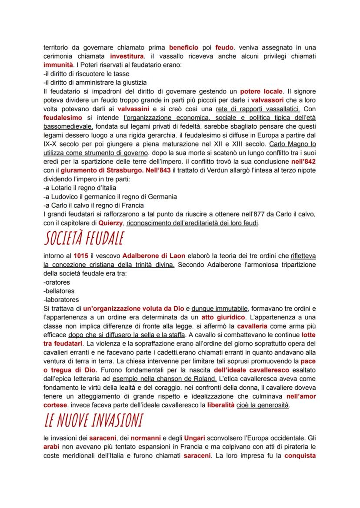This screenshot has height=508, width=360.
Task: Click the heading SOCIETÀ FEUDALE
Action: (83, 238)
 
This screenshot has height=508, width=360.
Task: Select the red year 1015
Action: (80, 256)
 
